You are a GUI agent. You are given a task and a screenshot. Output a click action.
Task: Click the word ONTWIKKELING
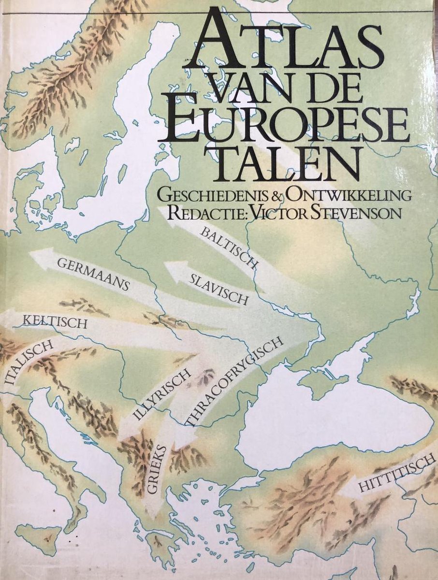348,195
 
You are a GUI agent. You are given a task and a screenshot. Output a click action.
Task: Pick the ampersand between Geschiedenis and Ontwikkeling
277,196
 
